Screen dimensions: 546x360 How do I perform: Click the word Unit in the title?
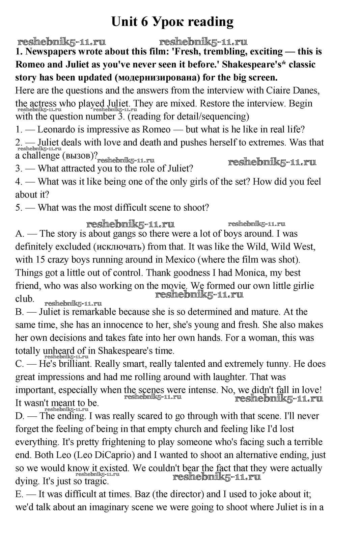click(x=124, y=22)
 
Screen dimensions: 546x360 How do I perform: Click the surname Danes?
click(x=306, y=90)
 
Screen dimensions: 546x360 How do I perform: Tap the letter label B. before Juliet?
click(x=19, y=312)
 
